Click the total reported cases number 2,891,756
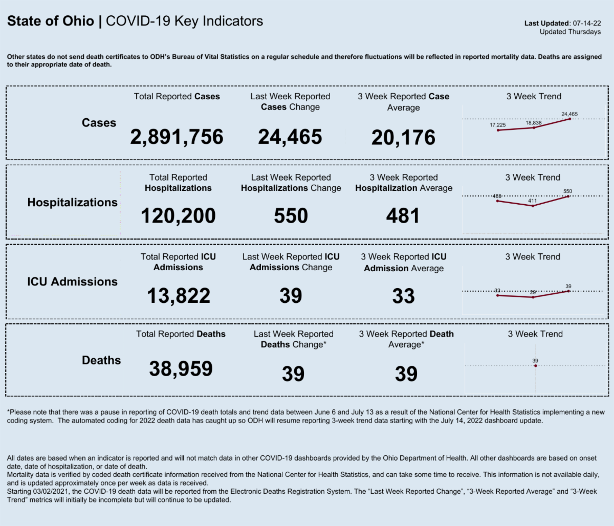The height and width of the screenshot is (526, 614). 177,137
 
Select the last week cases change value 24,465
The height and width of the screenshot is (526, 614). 290,137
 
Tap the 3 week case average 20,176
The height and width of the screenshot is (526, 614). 403,138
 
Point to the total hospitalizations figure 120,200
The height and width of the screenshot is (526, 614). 178,216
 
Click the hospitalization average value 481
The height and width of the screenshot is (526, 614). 403,216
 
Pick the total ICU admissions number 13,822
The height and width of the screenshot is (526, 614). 179,296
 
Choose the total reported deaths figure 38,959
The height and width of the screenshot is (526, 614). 181,368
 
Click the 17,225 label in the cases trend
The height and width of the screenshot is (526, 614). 498,125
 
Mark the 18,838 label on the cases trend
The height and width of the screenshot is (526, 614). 533,123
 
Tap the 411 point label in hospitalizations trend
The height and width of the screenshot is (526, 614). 533,201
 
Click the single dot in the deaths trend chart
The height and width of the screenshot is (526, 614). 535,366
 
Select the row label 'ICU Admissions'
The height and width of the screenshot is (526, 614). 72,282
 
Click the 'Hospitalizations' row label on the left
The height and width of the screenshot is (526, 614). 72,203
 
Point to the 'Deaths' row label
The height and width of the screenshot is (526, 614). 101,361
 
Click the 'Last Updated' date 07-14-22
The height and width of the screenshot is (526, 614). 587,23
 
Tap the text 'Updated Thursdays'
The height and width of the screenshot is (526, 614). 570,32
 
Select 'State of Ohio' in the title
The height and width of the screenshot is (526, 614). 51,21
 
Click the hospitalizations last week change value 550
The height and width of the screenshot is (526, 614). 291,216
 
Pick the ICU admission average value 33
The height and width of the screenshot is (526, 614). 403,296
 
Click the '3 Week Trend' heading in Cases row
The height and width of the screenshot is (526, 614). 534,96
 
